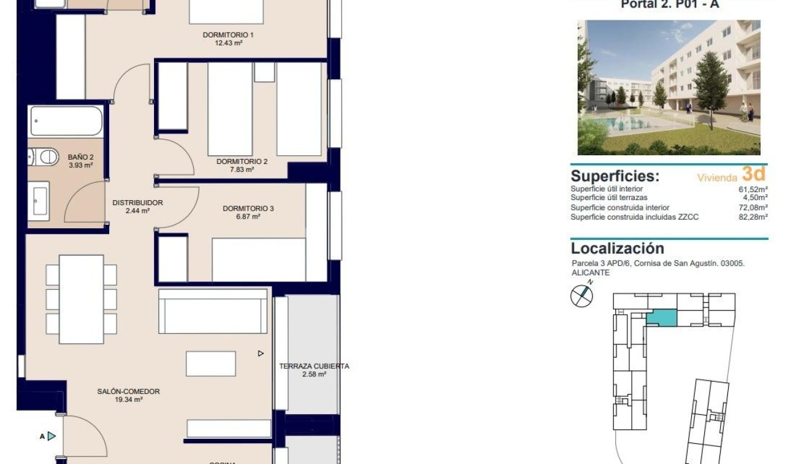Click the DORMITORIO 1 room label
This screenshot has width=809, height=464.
(228, 35)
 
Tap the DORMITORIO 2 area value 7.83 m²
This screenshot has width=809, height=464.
(242, 170)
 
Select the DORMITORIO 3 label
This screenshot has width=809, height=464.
(248, 209)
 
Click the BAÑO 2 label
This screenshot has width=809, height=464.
(80, 157)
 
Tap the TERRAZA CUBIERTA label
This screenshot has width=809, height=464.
(314, 366)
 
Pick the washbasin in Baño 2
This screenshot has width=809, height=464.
(39, 199)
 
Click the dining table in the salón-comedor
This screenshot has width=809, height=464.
(81, 299)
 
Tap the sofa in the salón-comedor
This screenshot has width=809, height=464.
(213, 311)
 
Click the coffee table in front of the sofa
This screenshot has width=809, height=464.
(211, 363)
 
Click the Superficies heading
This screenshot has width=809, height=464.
(615, 176)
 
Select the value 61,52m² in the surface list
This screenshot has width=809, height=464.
(754, 189)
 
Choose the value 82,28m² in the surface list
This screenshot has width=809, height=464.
(754, 217)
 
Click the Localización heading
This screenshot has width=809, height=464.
(617, 249)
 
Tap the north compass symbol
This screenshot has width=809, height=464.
(581, 296)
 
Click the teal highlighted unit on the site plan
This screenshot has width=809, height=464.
(662, 319)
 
